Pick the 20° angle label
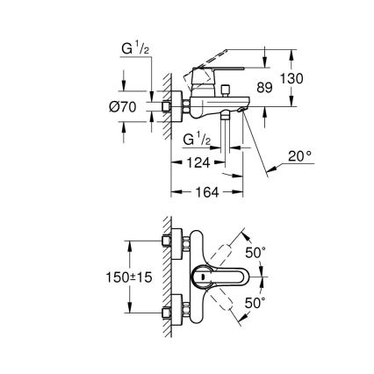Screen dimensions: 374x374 pyautogui.click(x=301, y=155)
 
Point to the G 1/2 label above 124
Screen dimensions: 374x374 pyautogui.click(x=196, y=140)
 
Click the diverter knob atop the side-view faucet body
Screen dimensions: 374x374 pyautogui.click(x=225, y=89)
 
